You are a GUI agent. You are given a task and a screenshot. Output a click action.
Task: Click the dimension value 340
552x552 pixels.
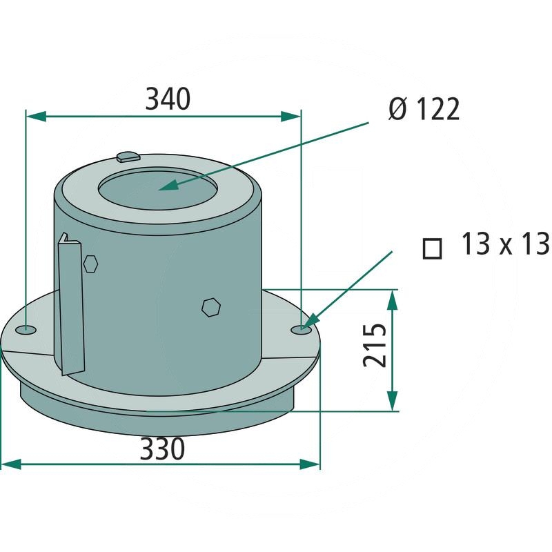tap(168, 100)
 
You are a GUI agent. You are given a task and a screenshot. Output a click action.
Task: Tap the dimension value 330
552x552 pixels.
tap(162, 450)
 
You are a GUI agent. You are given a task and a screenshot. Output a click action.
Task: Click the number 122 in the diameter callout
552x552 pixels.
tap(435, 110)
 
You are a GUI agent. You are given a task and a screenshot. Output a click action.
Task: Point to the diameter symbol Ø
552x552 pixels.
tap(397, 110)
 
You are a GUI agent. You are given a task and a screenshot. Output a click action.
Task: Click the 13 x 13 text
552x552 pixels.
tap(504, 245)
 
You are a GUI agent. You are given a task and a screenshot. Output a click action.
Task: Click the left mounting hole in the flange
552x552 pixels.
tap(28, 328)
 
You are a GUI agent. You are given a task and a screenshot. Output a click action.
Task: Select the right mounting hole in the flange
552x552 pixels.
tap(300, 329)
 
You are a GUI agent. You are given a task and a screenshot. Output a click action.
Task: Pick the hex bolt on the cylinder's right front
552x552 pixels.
tap(210, 307)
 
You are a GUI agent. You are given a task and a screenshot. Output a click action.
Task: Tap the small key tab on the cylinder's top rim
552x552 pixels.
tap(127, 157)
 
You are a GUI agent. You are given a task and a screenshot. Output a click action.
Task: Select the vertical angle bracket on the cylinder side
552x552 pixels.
tap(71, 304)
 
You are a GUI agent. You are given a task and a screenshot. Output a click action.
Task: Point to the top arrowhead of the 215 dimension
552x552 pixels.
tap(392, 299)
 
